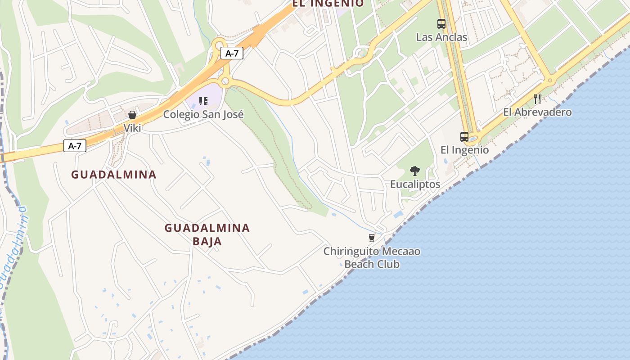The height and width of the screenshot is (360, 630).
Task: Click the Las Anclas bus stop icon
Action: [441, 24]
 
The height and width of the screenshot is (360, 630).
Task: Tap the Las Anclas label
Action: [441, 37]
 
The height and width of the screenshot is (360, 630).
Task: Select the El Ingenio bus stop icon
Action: [464, 136]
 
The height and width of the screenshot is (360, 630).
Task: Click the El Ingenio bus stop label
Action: [464, 150]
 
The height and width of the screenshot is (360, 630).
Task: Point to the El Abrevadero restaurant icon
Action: [537, 99]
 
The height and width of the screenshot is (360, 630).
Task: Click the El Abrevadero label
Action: [537, 112]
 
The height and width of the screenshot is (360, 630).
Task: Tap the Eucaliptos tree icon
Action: [415, 171]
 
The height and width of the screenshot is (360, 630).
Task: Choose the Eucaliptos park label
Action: [415, 184]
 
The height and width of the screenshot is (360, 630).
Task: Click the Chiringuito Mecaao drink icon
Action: [371, 238]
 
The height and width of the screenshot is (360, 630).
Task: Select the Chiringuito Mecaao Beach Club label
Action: [372, 257]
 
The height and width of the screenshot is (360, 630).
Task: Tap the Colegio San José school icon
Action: [203, 101]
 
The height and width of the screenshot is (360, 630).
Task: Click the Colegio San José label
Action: [203, 114]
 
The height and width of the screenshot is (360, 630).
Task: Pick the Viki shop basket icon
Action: [132, 115]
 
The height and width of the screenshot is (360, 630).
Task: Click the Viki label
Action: [132, 128]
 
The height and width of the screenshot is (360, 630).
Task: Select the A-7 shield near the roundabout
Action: [232, 54]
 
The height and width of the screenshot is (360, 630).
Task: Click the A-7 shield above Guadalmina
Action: [75, 146]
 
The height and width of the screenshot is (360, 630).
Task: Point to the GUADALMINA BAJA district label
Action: [207, 234]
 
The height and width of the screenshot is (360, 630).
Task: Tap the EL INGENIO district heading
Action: [328, 4]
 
